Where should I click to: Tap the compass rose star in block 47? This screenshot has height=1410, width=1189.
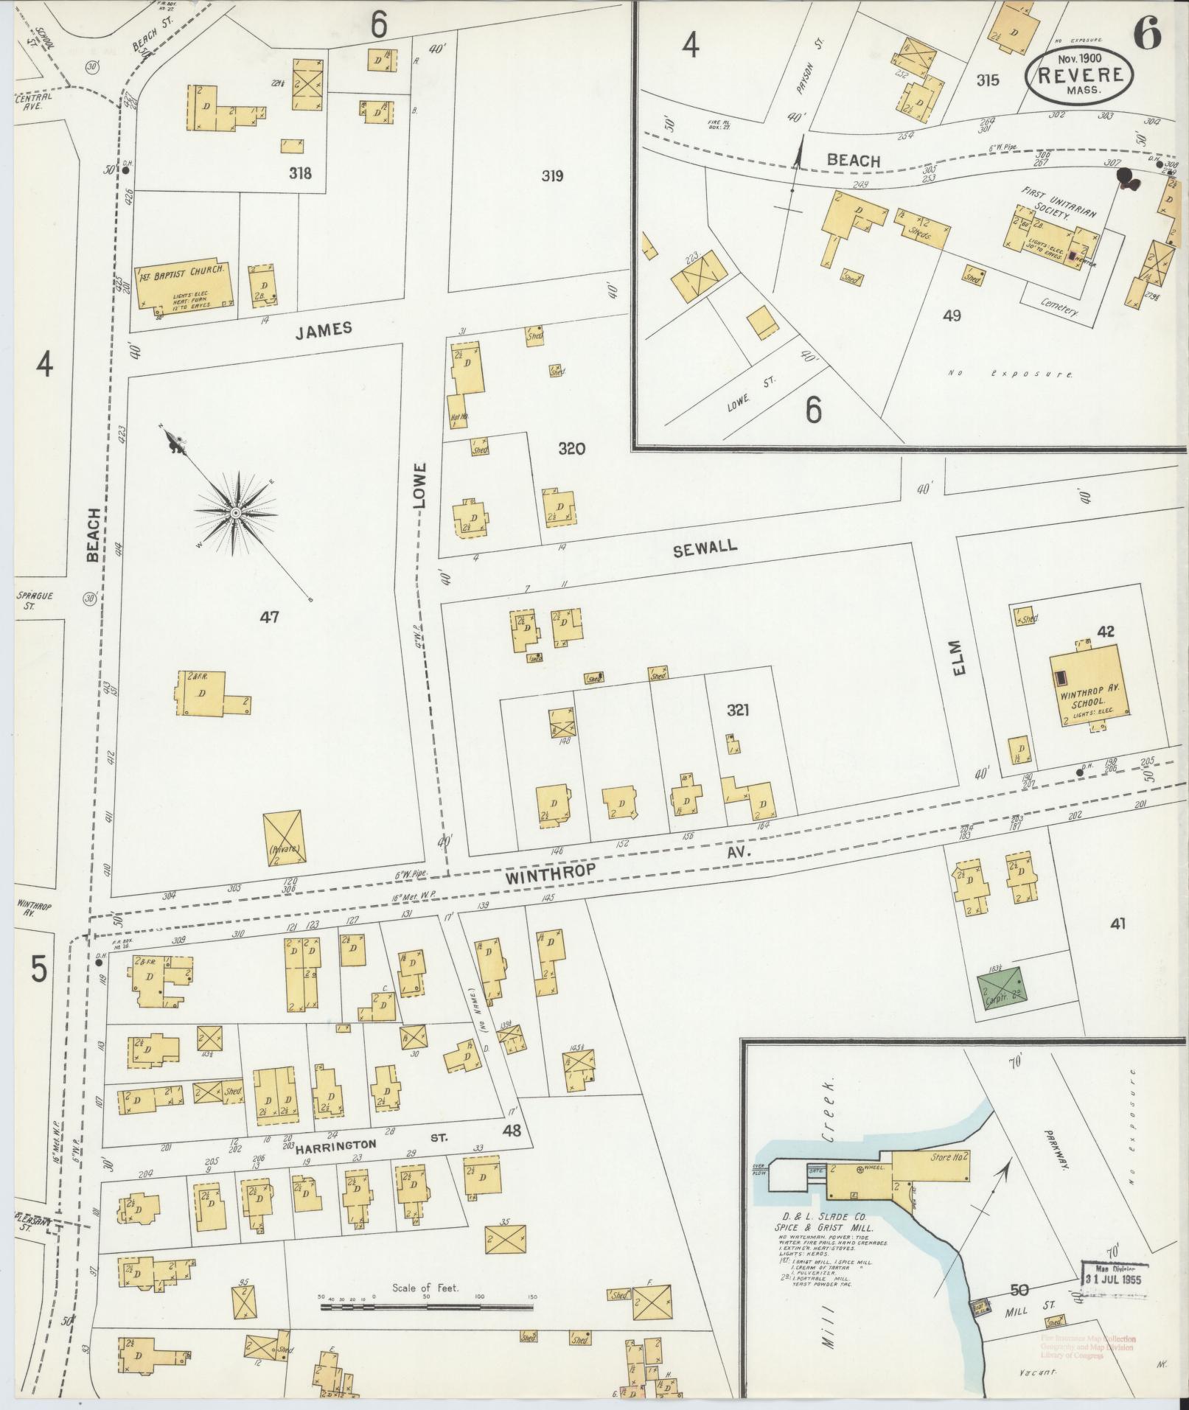235,512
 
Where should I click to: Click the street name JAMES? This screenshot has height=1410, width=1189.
324,330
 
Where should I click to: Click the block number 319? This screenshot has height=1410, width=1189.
552,175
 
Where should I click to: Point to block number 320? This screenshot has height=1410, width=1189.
571,448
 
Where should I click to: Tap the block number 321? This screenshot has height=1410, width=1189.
738,710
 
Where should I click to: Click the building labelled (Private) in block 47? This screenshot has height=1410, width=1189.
283,837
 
